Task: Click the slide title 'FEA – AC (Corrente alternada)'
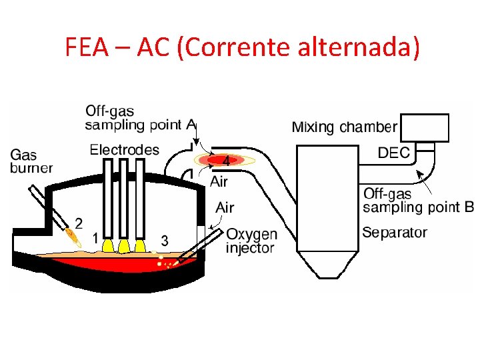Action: tap(243, 47)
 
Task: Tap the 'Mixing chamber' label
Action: tap(344, 127)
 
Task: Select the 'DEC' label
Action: tap(393, 153)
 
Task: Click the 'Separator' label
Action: tap(394, 233)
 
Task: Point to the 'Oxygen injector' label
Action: tap(251, 241)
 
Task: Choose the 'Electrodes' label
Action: tap(125, 150)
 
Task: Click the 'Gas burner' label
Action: tap(31, 162)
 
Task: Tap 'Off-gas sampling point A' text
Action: tap(141, 117)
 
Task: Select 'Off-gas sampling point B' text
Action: tap(418, 200)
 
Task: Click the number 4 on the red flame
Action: tap(226, 161)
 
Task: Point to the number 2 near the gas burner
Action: tap(79, 223)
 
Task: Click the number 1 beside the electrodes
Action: tap(96, 237)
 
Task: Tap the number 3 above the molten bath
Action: tap(165, 240)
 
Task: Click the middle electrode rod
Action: tap(123, 200)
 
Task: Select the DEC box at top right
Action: tap(423, 127)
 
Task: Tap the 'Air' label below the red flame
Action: tap(219, 181)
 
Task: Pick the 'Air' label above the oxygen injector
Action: tap(225, 207)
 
